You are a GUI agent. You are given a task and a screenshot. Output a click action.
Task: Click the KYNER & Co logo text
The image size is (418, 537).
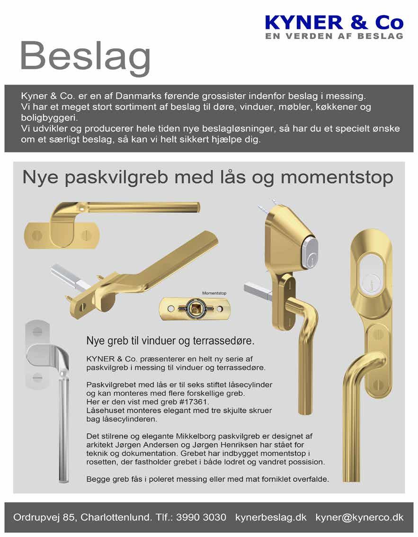[334, 22]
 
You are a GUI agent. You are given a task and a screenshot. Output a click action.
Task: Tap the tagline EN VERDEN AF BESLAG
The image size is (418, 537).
[334, 36]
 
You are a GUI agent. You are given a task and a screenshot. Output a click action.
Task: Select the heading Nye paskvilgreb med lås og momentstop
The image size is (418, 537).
[208, 178]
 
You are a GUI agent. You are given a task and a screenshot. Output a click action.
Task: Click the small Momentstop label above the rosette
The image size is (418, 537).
[214, 293]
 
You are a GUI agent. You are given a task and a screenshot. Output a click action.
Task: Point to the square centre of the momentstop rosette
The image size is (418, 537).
[195, 308]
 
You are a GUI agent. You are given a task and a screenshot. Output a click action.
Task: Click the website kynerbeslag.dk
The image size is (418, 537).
[271, 517]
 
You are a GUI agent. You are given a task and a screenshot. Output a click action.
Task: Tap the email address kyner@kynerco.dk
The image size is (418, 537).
[359, 517]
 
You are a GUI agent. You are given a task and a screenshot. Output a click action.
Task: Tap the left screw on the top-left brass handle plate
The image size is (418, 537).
[39, 235]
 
